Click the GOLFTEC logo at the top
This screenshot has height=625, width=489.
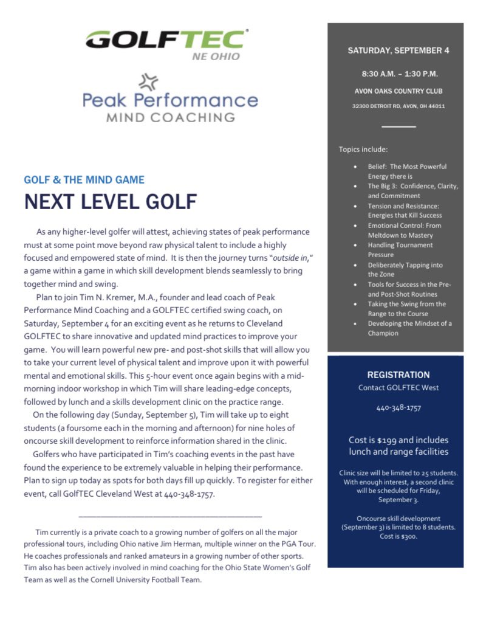click(166, 40)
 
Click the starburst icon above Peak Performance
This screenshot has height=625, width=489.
click(148, 81)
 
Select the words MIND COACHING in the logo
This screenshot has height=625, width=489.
click(171, 118)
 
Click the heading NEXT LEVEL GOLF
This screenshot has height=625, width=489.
click(111, 201)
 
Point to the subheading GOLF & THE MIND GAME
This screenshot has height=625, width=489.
click(84, 180)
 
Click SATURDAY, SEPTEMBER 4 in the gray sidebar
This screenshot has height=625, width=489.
click(398, 50)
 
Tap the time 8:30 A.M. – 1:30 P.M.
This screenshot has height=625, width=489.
click(399, 74)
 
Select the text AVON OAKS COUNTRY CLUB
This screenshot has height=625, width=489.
click(399, 91)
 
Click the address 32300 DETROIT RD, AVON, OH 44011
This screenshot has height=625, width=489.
click(398, 106)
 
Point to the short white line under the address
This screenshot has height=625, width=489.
click(398, 126)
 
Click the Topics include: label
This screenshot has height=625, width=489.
click(363, 149)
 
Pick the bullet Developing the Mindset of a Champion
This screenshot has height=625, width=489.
click(409, 328)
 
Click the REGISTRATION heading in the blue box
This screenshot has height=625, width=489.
click(398, 375)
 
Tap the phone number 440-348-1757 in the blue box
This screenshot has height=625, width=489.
click(398, 407)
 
